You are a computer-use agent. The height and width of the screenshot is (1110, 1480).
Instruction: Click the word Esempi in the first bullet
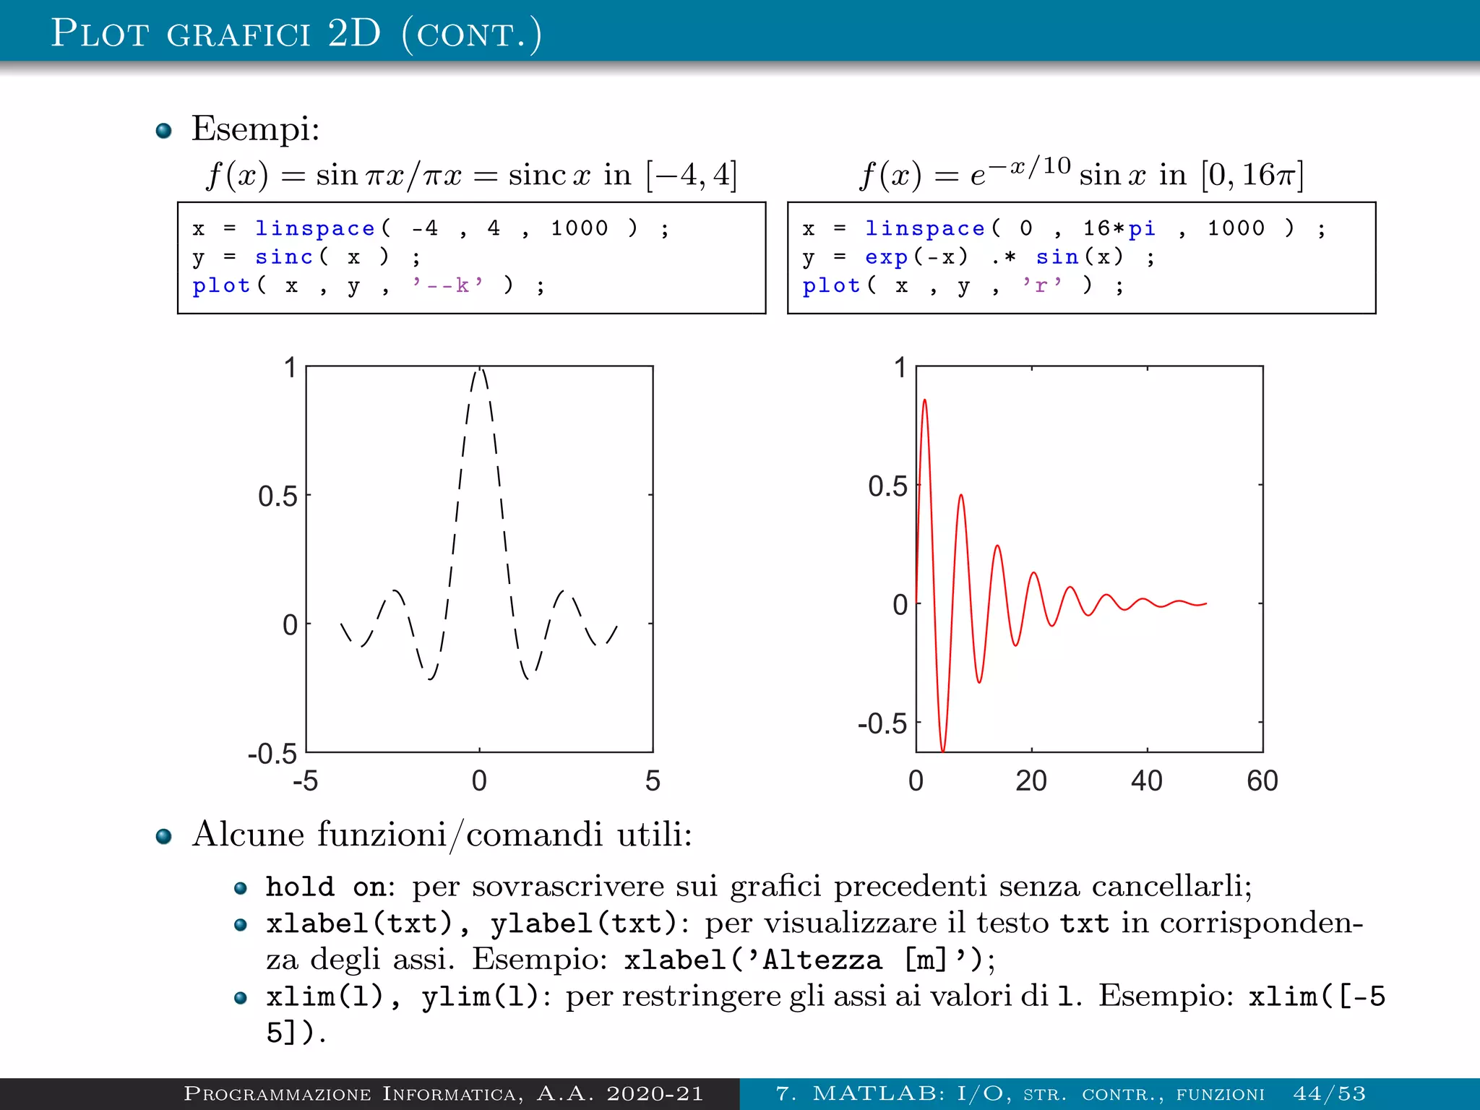click(x=254, y=129)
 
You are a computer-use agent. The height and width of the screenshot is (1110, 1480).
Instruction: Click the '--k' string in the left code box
click(x=447, y=286)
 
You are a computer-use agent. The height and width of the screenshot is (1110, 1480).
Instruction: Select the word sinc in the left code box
click(x=283, y=257)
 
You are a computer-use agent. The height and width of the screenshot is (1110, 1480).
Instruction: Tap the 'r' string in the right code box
click(x=1041, y=286)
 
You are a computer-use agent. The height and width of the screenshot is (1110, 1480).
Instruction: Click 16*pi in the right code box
click(x=1119, y=229)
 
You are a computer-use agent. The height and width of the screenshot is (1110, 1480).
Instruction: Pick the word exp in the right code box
click(x=886, y=257)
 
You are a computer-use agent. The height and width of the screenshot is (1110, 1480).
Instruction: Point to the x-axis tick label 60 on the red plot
click(x=1262, y=781)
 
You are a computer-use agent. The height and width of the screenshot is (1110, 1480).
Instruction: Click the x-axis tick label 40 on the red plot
click(x=1146, y=781)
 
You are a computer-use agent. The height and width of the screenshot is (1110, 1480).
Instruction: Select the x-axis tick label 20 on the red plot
click(x=1031, y=781)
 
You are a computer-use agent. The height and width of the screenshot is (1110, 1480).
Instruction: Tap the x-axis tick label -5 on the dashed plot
click(x=305, y=781)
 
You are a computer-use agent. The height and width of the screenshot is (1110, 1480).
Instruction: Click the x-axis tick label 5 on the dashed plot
click(x=653, y=781)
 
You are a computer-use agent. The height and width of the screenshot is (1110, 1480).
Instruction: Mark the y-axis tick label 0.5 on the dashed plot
click(x=277, y=497)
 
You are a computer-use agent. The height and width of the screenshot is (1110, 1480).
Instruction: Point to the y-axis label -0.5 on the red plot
click(x=882, y=723)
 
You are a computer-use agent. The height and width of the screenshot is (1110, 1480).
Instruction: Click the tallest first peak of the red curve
click(x=924, y=400)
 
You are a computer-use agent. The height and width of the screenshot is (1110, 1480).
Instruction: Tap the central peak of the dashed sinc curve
click(x=479, y=370)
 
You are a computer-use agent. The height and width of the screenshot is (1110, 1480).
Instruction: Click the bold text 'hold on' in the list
click(x=328, y=887)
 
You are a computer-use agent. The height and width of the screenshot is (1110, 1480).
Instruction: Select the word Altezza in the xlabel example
click(x=822, y=960)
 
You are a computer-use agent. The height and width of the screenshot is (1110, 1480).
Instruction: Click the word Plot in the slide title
click(x=100, y=33)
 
